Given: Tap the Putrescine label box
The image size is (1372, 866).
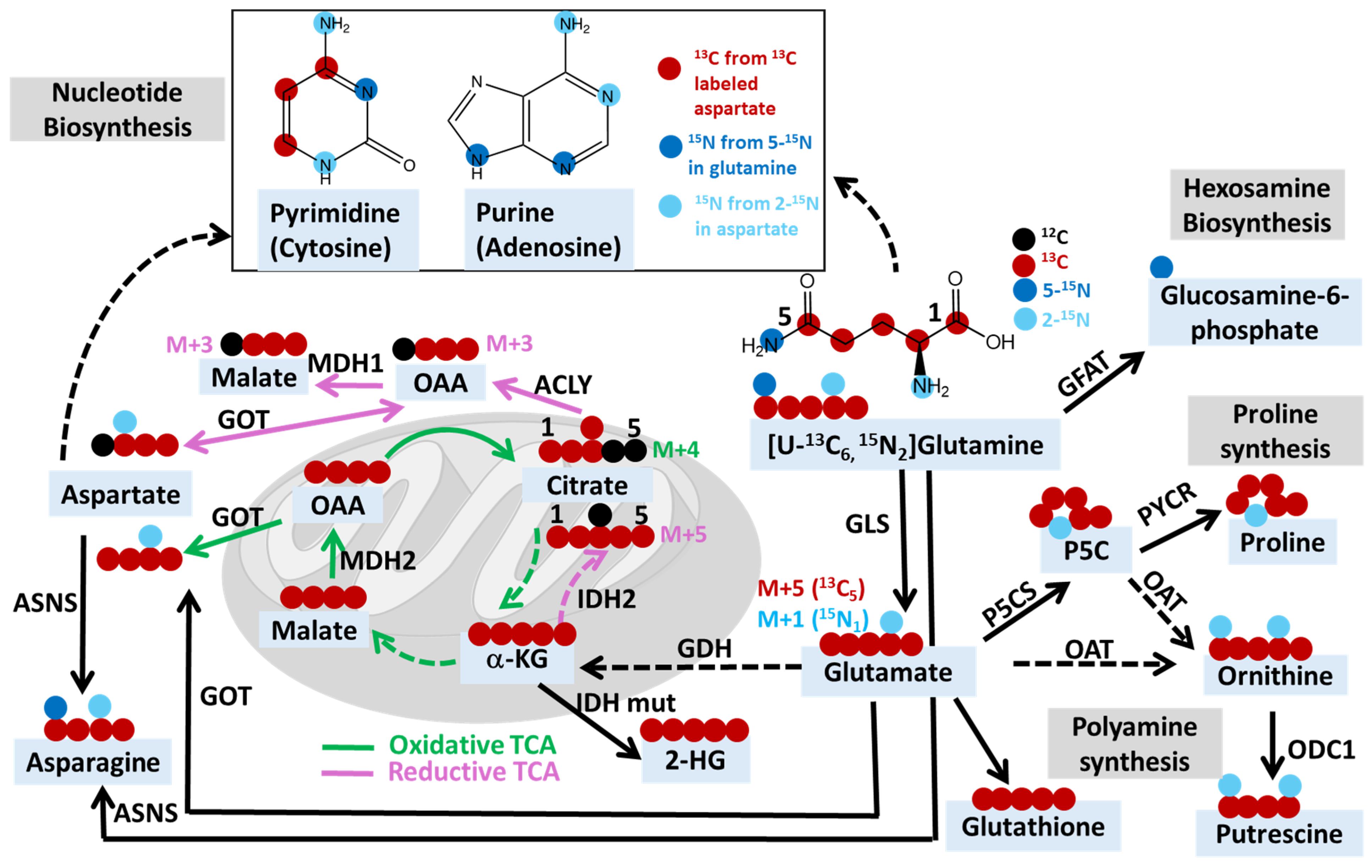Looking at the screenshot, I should point(1278,833).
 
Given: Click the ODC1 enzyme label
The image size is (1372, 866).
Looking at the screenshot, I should point(1321,750).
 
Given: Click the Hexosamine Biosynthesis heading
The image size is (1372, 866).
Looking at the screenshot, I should point(1257,205).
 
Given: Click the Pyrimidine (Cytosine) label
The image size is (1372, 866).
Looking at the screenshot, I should point(335,230).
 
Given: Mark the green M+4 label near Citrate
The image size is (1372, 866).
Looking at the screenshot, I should point(675,450).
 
